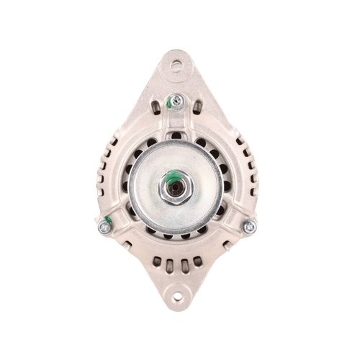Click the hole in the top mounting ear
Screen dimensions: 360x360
click(176, 65)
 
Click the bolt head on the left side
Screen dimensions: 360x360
click(104, 228)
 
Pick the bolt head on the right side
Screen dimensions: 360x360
click(250, 227)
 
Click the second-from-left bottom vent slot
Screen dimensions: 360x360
click(168, 262)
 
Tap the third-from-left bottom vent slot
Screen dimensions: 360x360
click(183, 262)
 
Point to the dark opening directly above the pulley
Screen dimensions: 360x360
click(176, 134)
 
